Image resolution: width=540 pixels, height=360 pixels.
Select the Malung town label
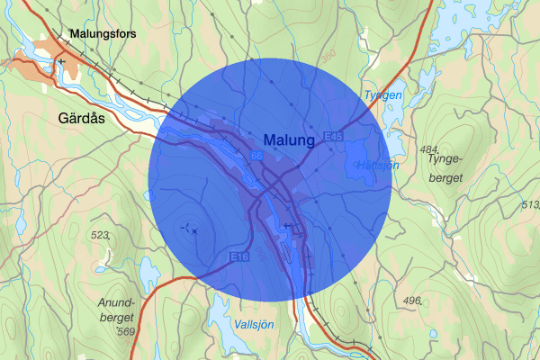click(x=290, y=140)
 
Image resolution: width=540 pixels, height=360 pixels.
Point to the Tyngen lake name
click(x=383, y=94)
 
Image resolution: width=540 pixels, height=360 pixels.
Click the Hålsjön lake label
click(x=377, y=166)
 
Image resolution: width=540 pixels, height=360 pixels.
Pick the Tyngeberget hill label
click(x=444, y=168)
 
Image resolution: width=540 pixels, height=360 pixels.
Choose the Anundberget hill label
click(x=117, y=310)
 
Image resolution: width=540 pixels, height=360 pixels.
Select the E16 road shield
click(x=239, y=256)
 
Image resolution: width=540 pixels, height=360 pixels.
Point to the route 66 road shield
click(x=256, y=157)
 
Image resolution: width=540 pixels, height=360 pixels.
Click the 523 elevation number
click(x=99, y=236)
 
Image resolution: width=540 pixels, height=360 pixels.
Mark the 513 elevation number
click(x=530, y=205)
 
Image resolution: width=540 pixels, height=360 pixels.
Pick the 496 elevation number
click(x=413, y=301)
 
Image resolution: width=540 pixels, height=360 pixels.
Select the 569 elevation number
click(x=127, y=332)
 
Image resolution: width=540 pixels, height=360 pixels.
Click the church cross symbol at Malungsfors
click(x=61, y=61)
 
